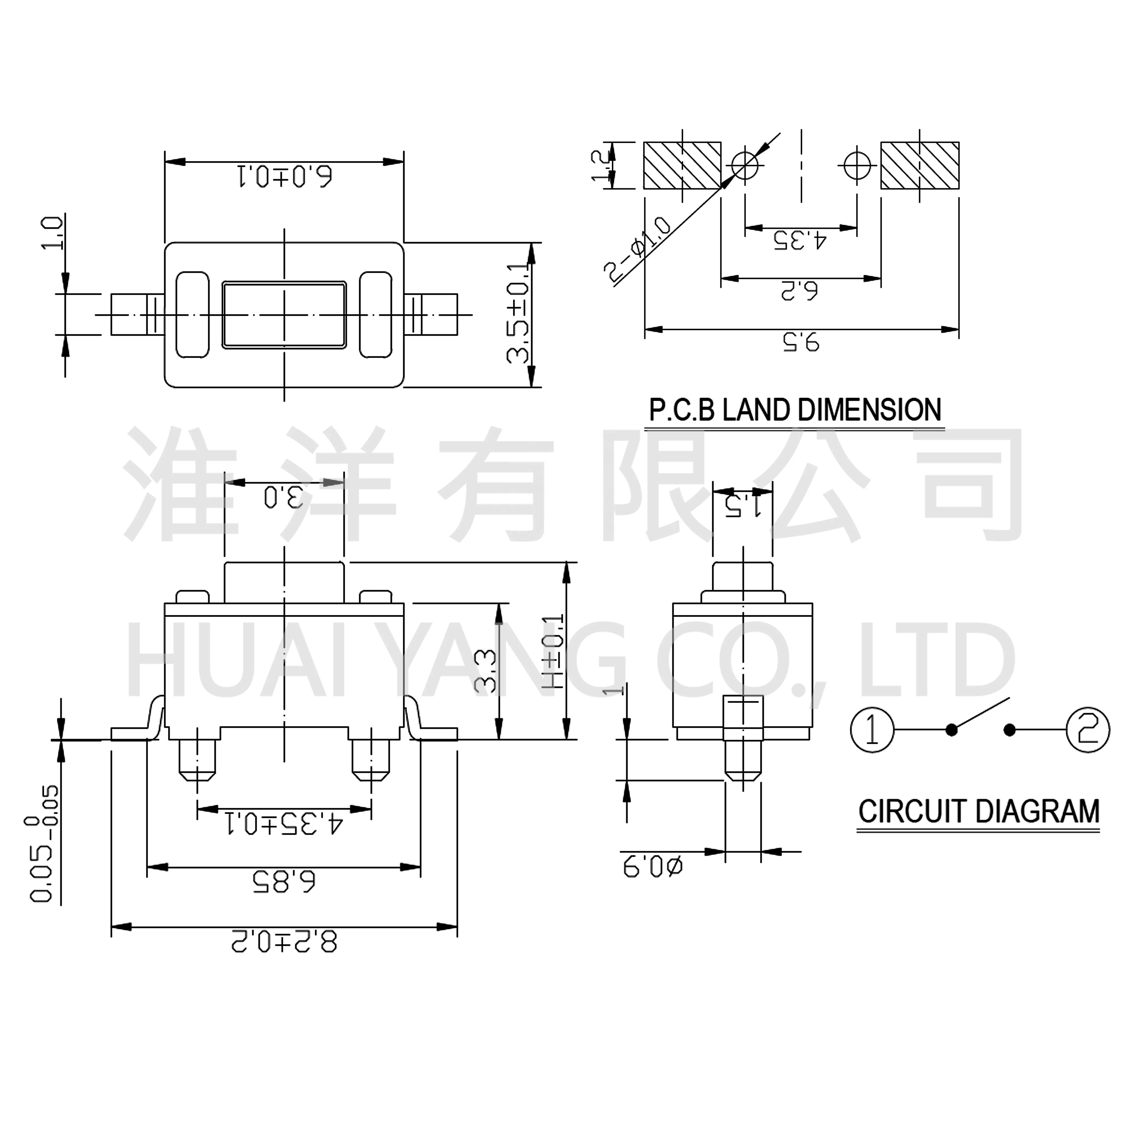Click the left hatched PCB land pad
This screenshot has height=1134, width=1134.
[682, 166]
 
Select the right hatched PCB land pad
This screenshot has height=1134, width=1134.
[920, 166]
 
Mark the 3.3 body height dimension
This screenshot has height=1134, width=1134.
[485, 671]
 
